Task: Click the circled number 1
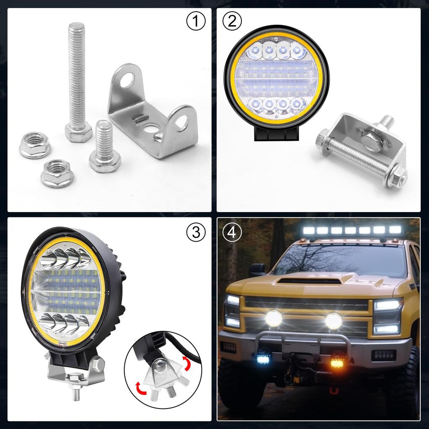tap(196, 22)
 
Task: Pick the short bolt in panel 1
tap(104, 147)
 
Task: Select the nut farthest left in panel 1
tap(35, 145)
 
